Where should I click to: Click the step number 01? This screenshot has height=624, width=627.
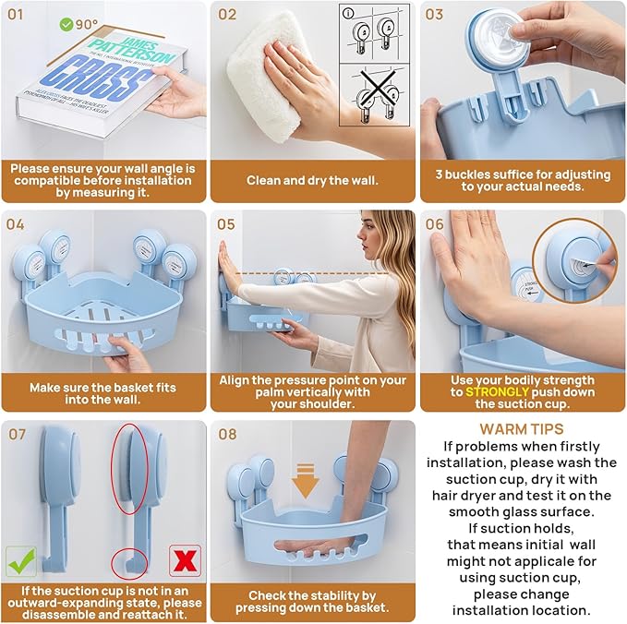tap(17, 15)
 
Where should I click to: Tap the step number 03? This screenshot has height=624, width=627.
tap(435, 15)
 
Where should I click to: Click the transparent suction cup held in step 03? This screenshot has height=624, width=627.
tap(498, 39)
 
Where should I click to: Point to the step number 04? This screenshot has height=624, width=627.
tap(17, 224)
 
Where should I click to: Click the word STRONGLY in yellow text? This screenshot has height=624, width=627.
tap(498, 391)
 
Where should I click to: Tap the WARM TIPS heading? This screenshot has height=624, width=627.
tap(521, 429)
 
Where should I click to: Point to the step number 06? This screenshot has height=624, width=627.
tap(435, 224)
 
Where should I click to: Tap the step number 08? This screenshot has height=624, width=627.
tap(226, 434)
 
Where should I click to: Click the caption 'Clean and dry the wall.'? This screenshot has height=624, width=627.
tap(312, 180)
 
